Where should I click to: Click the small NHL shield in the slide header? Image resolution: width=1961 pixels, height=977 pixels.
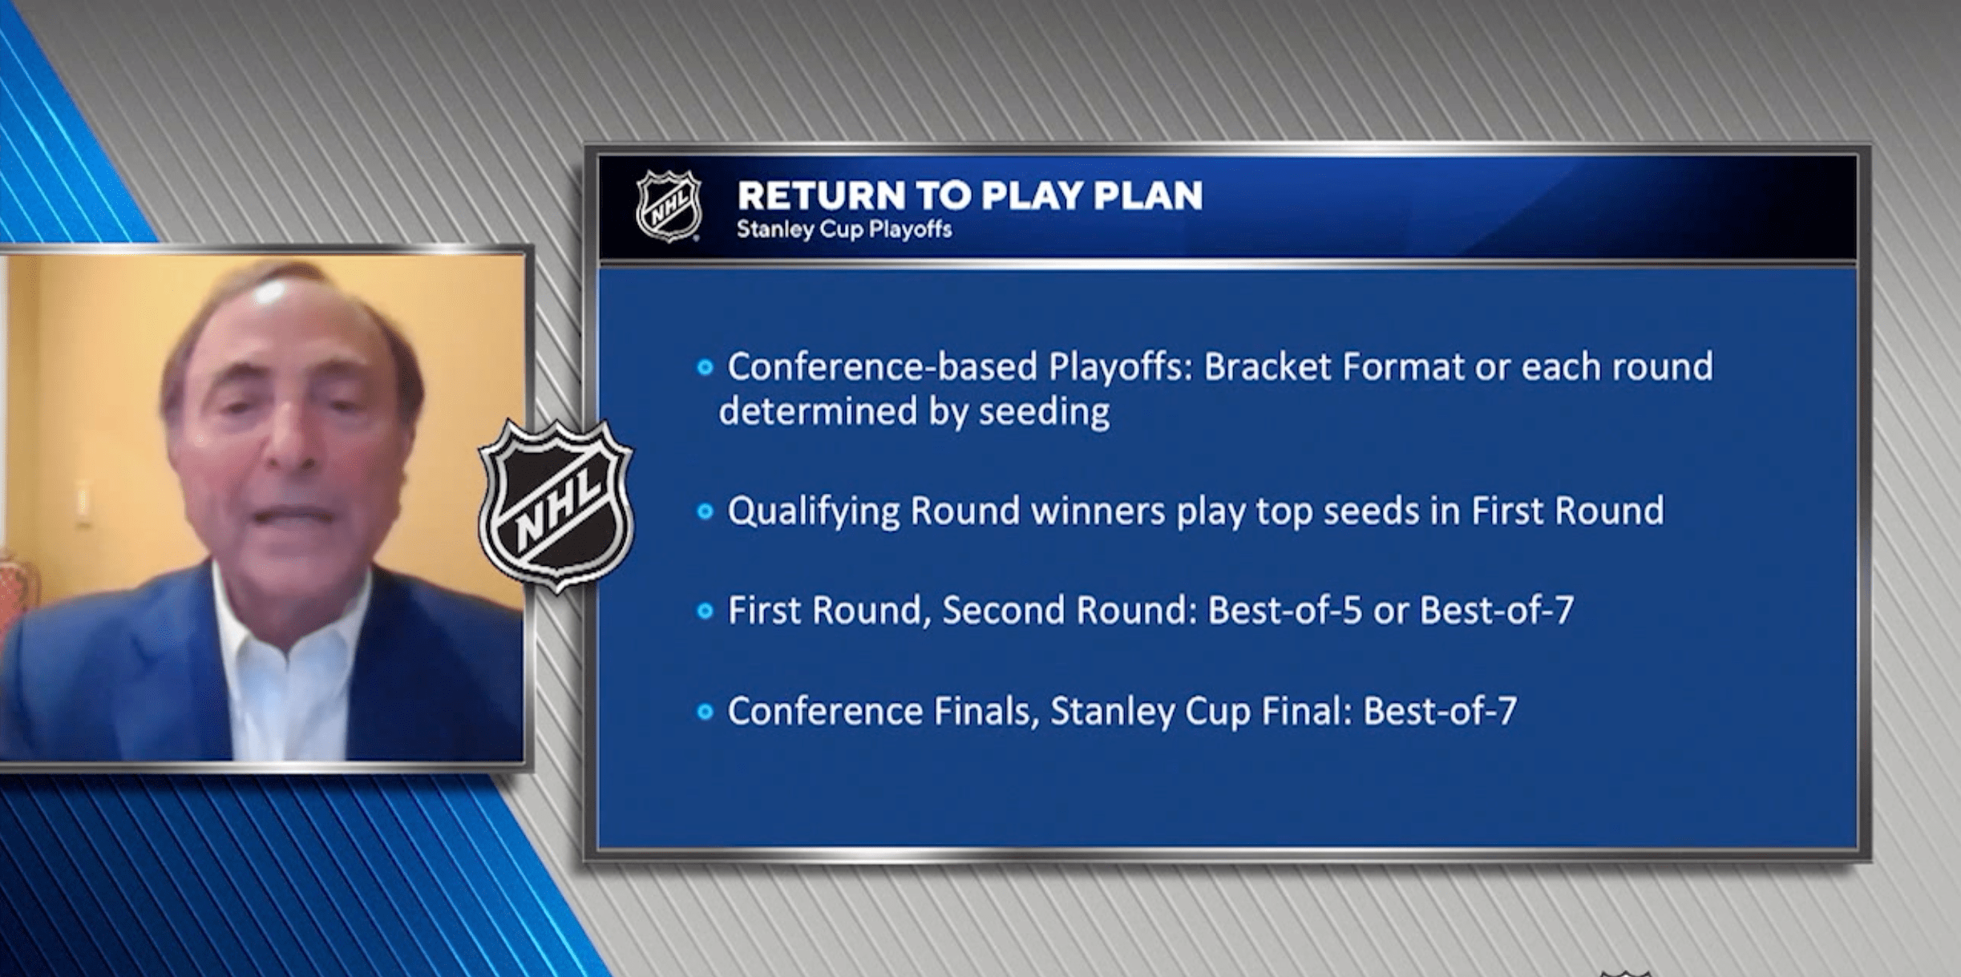669,206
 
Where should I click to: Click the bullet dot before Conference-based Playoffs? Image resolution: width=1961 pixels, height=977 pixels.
705,368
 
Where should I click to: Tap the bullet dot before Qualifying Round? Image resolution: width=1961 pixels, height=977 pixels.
705,511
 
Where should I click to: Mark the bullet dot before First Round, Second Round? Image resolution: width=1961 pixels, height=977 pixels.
705,612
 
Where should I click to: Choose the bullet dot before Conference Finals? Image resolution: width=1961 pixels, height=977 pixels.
705,712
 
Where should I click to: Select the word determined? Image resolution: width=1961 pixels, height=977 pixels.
819,412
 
